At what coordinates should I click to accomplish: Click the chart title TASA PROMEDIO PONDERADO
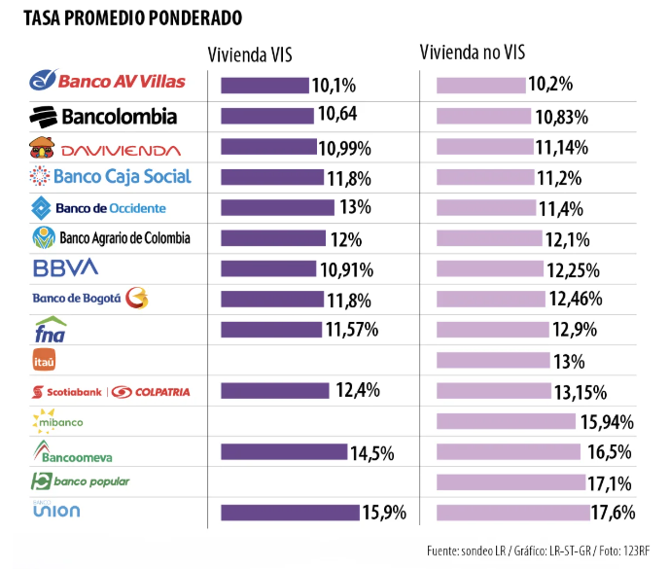133,17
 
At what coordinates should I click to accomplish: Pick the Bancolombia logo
104,116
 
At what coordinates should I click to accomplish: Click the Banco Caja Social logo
110,176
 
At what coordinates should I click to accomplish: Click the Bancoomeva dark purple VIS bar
284,451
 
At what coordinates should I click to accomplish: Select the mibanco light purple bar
506,421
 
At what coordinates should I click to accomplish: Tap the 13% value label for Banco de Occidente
355,206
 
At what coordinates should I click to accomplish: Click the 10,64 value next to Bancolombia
337,115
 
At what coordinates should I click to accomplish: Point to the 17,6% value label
613,513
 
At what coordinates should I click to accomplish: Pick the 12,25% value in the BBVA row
573,268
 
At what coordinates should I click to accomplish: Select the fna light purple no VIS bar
491,331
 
